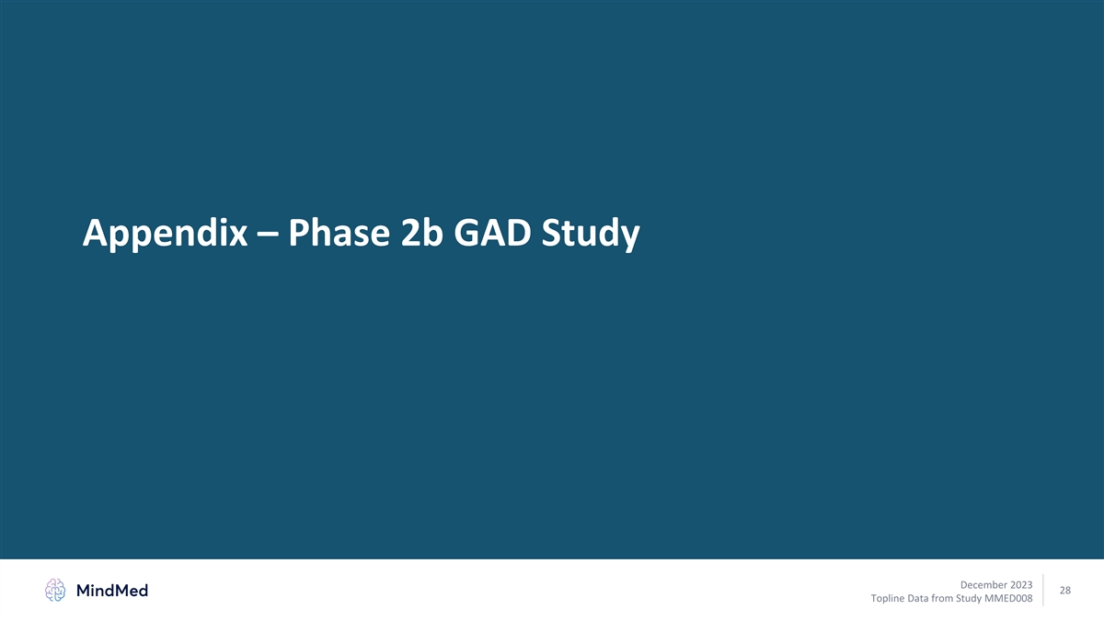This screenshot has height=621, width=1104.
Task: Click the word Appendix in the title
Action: [165, 233]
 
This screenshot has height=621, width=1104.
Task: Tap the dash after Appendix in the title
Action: [268, 235]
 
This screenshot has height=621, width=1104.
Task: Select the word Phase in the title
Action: [339, 232]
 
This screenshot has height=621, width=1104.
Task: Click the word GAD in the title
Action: [492, 232]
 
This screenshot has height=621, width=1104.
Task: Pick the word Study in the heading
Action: [591, 233]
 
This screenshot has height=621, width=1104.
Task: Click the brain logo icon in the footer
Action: [55, 590]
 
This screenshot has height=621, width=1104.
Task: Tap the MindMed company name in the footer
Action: [112, 591]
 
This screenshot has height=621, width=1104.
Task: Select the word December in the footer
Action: [983, 584]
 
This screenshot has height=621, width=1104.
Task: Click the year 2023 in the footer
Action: [1021, 584]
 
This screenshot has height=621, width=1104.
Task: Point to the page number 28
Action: [1065, 590]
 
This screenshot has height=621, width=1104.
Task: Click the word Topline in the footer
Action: [887, 598]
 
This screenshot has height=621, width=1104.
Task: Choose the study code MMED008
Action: [1008, 598]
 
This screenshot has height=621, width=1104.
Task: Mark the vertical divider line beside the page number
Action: [1043, 590]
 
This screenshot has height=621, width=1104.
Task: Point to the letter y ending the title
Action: [629, 237]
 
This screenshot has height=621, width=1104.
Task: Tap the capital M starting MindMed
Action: [84, 591]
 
